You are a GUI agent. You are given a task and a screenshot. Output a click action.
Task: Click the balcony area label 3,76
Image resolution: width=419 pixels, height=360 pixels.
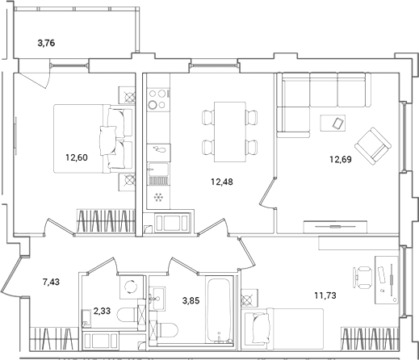coord(46,43)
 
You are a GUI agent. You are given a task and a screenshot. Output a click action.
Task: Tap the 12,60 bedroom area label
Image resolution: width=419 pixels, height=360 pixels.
coord(77,157)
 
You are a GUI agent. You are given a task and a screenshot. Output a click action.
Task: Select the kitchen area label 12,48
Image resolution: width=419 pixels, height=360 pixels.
coord(222,182)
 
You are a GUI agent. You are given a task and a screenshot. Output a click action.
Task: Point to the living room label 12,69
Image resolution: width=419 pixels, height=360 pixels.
coord(341,160)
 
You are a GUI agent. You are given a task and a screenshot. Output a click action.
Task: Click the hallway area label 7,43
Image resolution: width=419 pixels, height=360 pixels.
coord(51,282)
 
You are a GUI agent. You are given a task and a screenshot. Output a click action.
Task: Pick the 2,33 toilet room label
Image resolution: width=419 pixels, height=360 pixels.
coord(102,311)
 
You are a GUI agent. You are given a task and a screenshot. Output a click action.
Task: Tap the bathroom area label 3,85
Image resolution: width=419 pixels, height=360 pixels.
coord(191,300)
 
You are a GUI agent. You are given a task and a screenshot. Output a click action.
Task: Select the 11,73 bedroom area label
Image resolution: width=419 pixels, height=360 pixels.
coord(325,295)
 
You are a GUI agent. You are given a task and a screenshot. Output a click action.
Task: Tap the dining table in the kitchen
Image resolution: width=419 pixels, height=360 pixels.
coord(230,132)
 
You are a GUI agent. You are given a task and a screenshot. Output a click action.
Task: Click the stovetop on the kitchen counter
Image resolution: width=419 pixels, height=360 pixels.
coord(158,100)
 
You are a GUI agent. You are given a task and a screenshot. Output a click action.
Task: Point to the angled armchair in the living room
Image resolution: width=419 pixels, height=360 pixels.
coord(373,146)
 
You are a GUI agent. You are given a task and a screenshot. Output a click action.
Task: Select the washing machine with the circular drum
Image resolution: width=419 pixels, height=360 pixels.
coord(132,287)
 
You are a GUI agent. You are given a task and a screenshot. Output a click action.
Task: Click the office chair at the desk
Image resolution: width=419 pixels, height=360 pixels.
coord(362,277)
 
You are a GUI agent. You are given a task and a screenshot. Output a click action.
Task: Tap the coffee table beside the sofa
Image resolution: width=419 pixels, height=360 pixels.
coord(333,123)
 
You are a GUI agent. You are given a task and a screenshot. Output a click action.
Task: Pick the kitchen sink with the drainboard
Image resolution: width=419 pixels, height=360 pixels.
coord(159,174)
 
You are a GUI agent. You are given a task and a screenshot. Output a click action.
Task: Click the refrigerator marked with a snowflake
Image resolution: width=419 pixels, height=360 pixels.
coord(158,198)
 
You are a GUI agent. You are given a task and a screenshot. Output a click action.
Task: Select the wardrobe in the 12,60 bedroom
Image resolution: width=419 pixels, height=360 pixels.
coord(106,220)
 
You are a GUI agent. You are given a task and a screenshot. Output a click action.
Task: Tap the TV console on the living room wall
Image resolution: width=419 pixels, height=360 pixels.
coord(335,227)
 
